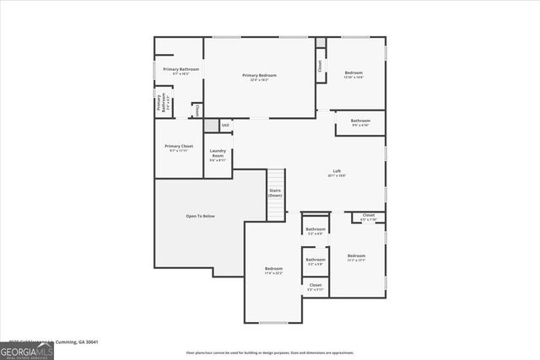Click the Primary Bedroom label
(259, 76)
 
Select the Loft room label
(337, 171)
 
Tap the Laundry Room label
(218, 155)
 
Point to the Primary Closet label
(179, 147)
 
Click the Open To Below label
(200, 216)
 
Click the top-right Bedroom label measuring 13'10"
(354, 73)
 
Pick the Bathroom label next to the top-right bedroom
(360, 121)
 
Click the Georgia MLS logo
(26, 350)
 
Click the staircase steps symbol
(276, 181)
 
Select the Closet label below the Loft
(369, 215)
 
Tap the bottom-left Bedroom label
(274, 269)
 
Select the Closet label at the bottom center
(315, 285)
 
